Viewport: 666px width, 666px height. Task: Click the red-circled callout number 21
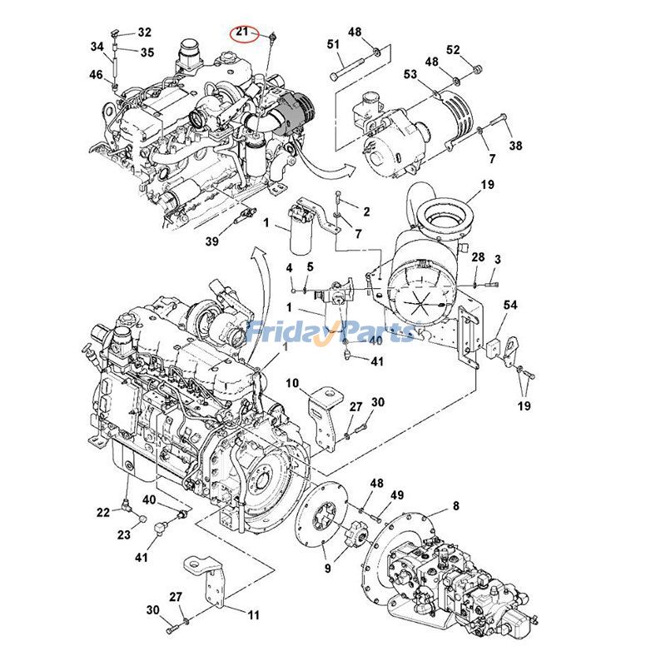click(242, 32)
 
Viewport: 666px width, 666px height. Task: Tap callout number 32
click(145, 32)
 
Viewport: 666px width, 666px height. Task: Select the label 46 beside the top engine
click(97, 75)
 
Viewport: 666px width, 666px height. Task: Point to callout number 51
click(333, 43)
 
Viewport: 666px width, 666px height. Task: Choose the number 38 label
click(516, 146)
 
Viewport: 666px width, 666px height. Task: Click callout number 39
click(212, 241)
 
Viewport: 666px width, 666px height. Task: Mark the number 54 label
click(509, 306)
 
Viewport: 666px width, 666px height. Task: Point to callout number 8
click(455, 505)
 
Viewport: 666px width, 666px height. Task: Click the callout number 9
click(327, 569)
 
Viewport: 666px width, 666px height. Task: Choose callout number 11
click(253, 615)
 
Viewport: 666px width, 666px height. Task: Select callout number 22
click(102, 512)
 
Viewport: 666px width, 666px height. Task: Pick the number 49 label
click(398, 496)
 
